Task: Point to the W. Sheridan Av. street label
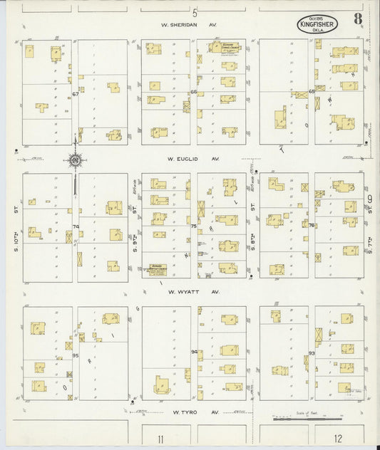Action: click(188, 23)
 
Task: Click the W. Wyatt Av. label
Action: click(189, 291)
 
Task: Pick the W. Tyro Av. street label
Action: click(189, 412)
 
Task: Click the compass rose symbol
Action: click(75, 160)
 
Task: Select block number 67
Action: click(74, 94)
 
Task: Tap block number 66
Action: click(193, 92)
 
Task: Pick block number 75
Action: click(193, 226)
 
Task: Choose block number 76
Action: click(312, 225)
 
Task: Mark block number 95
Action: click(74, 355)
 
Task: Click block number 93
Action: click(312, 353)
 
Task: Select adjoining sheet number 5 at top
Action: click(194, 12)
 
